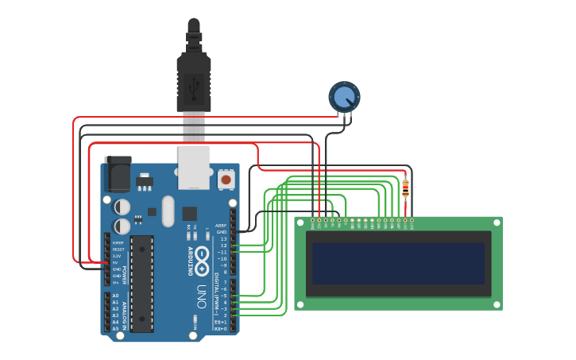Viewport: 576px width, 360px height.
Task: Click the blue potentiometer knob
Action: (344, 97)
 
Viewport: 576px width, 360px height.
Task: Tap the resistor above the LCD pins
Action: (405, 189)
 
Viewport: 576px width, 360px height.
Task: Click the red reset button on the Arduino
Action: (226, 180)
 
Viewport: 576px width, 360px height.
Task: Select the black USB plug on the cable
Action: (193, 79)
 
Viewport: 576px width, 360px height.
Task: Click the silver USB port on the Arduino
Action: (194, 167)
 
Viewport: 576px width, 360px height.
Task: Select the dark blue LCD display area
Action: (398, 263)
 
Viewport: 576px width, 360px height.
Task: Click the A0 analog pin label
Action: (115, 296)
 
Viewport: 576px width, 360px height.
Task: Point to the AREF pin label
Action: (221, 226)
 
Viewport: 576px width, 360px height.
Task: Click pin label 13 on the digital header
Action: (223, 238)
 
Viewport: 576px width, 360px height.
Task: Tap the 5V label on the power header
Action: (116, 263)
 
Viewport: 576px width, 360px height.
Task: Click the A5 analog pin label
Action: (115, 328)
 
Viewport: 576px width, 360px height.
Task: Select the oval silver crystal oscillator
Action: (168, 211)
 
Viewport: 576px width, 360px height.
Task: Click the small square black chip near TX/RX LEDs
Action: (189, 213)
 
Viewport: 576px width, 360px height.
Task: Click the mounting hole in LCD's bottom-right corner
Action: (496, 304)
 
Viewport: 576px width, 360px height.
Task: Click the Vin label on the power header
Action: (116, 282)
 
